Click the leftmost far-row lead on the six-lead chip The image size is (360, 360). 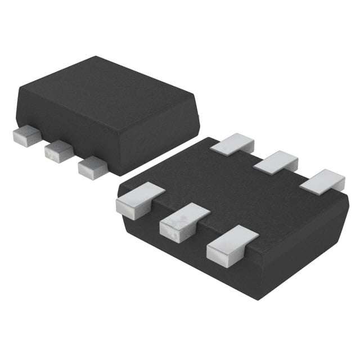click(232, 144)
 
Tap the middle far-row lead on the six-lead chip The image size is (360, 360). click(276, 162)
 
